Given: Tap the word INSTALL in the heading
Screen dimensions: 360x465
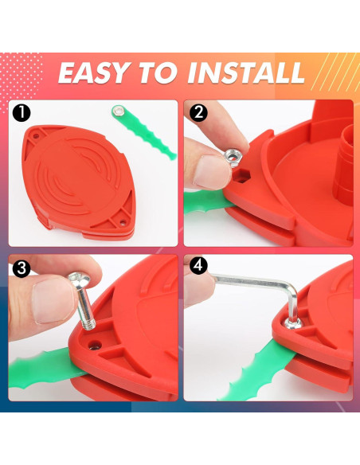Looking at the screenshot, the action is (246, 73).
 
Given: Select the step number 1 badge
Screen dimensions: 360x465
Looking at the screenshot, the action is (22, 113).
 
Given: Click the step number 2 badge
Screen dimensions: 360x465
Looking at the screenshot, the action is (198, 113).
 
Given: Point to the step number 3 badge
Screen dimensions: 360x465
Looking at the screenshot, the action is (22, 268).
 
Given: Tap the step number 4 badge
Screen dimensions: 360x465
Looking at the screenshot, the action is (198, 265).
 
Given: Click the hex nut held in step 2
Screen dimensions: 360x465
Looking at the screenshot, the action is (233, 157).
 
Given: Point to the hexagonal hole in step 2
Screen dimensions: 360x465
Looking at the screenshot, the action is (242, 177).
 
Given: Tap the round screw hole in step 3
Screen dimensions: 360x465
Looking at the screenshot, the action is (95, 346).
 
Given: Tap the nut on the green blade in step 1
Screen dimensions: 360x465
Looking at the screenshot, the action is (118, 111).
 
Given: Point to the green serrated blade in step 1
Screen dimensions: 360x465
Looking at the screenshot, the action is (144, 131).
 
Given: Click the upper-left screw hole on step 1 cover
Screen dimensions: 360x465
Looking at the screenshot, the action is (36, 137).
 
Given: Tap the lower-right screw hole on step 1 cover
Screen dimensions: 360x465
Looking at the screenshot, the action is (122, 221).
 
